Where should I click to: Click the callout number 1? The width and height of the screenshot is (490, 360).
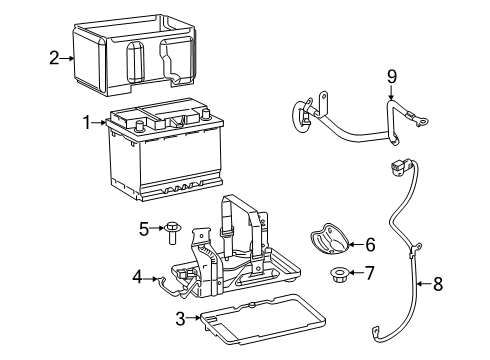coord(87,122)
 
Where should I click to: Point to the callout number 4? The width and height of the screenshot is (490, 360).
coord(136,275)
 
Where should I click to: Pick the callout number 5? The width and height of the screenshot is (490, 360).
coord(144,229)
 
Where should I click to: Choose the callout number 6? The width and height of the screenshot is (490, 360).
coord(370,243)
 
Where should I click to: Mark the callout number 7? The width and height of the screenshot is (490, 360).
coord(370,273)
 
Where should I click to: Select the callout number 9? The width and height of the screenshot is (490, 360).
coord(392,75)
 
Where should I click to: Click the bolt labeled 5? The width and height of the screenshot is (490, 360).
coord(173,231)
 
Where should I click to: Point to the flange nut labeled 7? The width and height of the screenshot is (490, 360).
coord(338,273)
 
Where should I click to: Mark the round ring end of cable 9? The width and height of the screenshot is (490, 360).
coord(299,114)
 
